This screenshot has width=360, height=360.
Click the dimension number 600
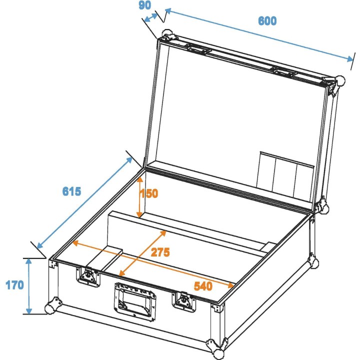coord(267,21)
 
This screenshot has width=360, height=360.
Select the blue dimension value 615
coord(72,191)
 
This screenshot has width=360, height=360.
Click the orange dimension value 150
coord(149,193)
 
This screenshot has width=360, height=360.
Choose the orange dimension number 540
coord(203,286)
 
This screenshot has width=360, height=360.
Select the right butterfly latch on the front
coord(182,299)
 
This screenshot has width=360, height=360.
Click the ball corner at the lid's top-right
coord(340,81)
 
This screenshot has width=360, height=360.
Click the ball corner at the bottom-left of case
coord(51,306)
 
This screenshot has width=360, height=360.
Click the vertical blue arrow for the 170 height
coord(29,285)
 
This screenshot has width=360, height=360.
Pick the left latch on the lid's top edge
coord(198,49)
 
